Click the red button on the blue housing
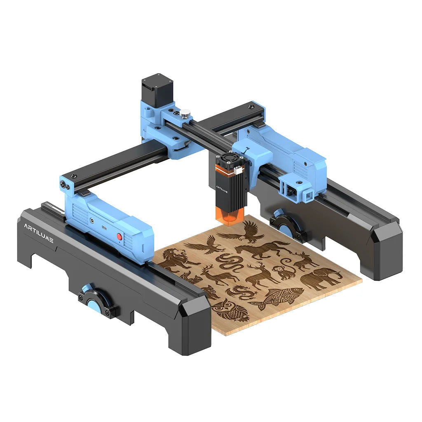119,237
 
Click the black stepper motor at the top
157,88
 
